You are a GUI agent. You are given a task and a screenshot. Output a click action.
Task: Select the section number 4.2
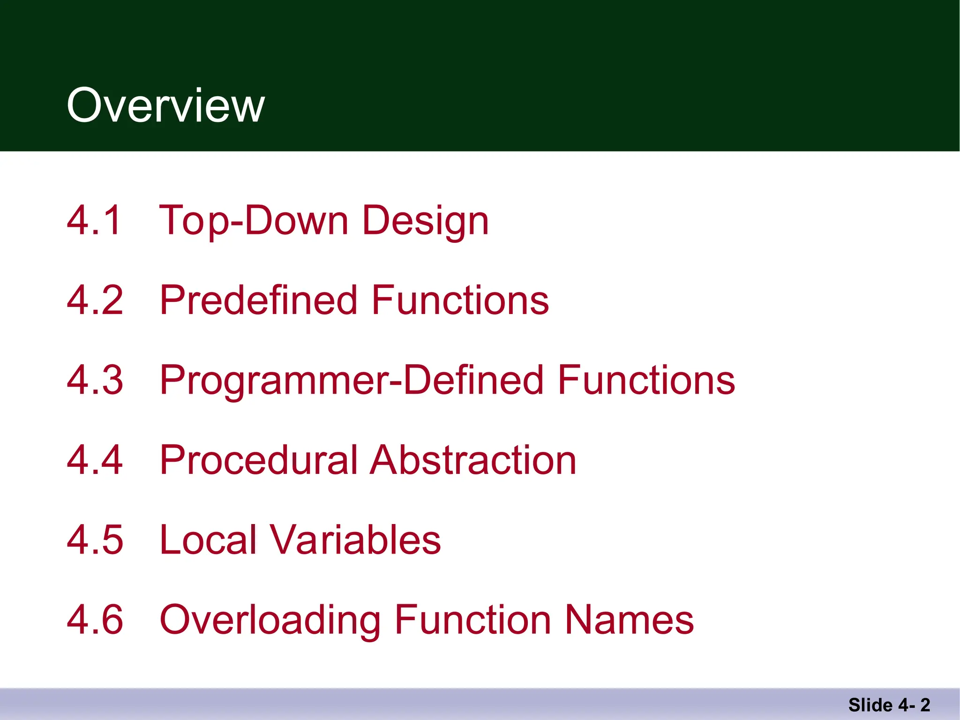(95, 300)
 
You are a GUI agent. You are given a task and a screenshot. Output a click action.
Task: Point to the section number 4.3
(95, 380)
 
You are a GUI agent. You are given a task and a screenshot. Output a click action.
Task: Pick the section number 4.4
(95, 460)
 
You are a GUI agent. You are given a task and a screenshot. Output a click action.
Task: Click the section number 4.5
(95, 540)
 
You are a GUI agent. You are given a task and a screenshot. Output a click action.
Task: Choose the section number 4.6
(95, 620)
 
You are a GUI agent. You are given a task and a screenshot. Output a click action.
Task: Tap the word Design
(426, 221)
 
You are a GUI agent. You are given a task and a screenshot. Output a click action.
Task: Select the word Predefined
(259, 300)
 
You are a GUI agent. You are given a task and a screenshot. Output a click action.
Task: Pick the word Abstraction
(473, 460)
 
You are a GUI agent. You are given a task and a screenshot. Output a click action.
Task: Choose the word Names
(629, 620)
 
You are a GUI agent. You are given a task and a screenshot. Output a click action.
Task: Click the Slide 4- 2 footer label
(889, 705)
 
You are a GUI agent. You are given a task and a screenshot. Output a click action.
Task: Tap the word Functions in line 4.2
(460, 300)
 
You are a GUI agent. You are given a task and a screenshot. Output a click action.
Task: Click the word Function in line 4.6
(472, 620)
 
